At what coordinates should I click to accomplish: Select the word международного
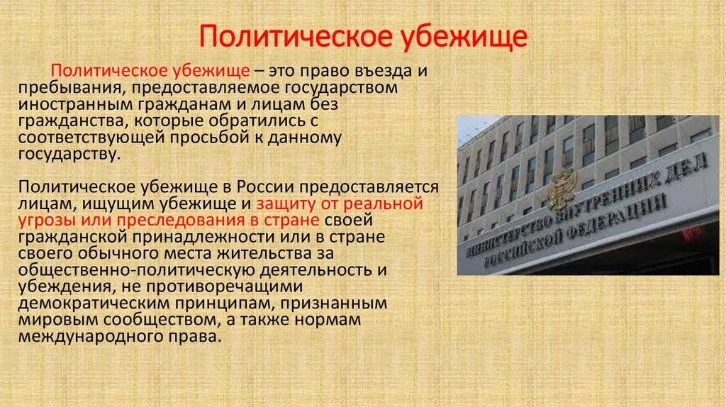click(x=89, y=336)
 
